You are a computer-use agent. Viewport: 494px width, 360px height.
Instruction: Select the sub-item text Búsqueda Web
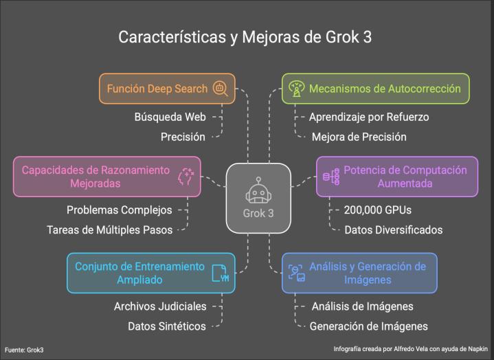[170, 117]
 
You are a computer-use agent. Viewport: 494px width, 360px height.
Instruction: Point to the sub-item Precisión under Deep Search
[183, 137]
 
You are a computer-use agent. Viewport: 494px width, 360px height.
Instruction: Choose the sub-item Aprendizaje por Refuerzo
[368, 117]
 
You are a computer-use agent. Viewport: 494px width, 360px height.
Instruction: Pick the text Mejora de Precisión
[359, 137]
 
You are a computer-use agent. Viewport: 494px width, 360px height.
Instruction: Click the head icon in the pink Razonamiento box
[186, 177]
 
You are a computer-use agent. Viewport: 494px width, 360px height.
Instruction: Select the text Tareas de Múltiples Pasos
[109, 229]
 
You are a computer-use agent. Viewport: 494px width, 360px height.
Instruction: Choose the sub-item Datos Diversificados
[394, 229]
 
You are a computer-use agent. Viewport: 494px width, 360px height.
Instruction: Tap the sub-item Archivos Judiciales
[159, 306]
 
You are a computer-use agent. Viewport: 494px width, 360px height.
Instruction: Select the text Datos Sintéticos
[167, 326]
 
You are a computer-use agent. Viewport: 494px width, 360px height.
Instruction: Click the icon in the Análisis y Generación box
[296, 273]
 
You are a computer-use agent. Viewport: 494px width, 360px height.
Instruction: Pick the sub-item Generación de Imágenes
[369, 326]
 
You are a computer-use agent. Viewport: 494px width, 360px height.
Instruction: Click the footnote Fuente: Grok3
[24, 350]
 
